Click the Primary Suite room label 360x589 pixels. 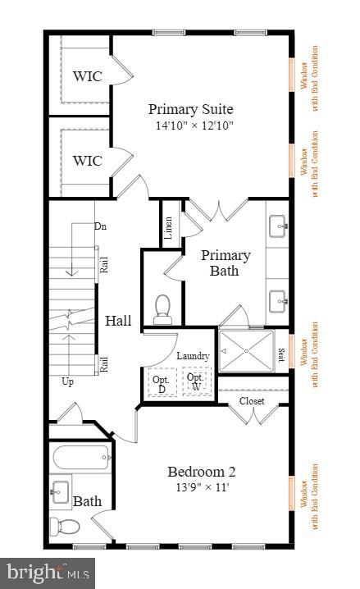point(190,109)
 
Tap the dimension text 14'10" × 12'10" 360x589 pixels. point(190,126)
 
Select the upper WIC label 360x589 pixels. point(88,76)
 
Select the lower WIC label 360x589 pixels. point(88,161)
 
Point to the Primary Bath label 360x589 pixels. point(226,263)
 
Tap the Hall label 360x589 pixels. point(118,321)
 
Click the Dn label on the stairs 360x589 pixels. point(100,226)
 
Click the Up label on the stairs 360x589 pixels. point(67,381)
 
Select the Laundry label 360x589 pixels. point(193,356)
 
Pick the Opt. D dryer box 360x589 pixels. point(161,383)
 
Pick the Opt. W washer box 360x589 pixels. point(195,382)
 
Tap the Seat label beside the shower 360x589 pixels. point(281,355)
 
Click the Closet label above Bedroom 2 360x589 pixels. point(252,401)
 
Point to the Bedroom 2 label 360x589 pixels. point(202,472)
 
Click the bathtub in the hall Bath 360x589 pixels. point(80,458)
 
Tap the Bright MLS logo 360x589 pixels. point(48,572)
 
